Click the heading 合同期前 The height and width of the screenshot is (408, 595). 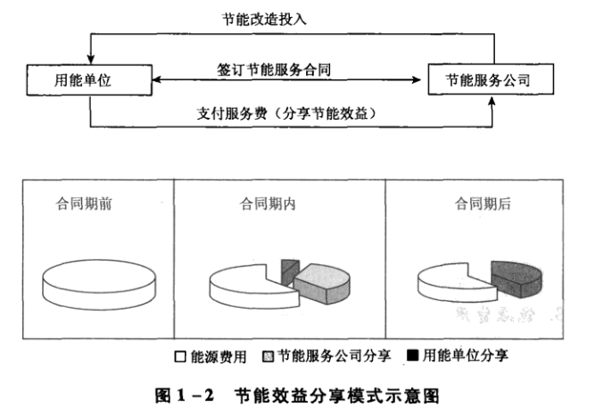click(x=84, y=204)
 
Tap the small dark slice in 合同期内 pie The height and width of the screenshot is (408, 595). click(x=287, y=269)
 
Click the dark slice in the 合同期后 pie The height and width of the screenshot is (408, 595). click(x=516, y=276)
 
